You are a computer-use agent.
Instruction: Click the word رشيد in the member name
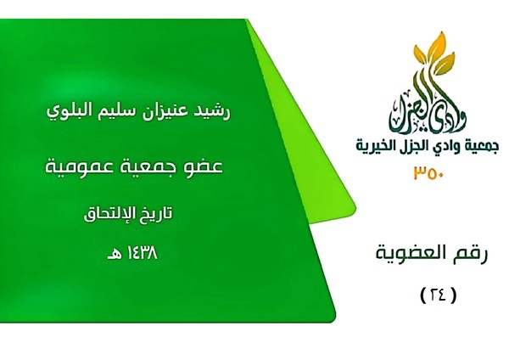tap(214, 111)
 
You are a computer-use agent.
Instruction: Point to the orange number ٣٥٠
tap(428, 172)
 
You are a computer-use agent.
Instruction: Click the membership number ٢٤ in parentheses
tap(439, 295)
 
